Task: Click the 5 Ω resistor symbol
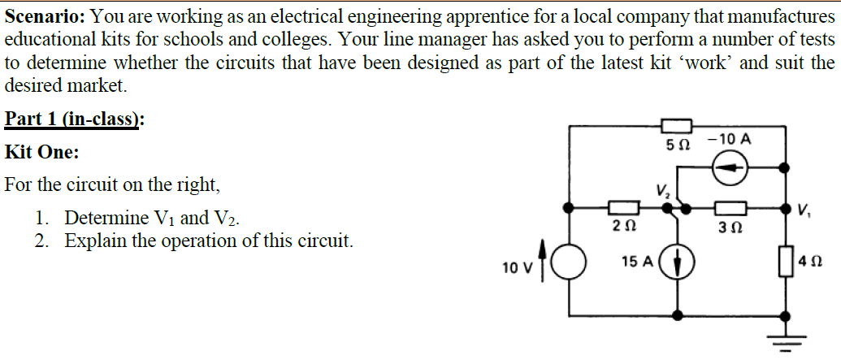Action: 676,126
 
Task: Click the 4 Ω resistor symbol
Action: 786,263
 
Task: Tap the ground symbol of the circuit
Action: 786,339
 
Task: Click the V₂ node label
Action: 663,192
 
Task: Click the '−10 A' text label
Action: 729,139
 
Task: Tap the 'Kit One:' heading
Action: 41,152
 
